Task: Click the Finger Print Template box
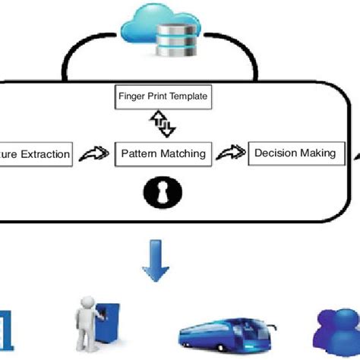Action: (x=163, y=97)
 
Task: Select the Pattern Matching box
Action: (x=163, y=153)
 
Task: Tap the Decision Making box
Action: (x=295, y=153)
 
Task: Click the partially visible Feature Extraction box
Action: (x=36, y=155)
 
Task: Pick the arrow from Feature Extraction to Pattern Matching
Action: (x=93, y=155)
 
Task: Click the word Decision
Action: (x=276, y=153)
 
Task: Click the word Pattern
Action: (x=137, y=153)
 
